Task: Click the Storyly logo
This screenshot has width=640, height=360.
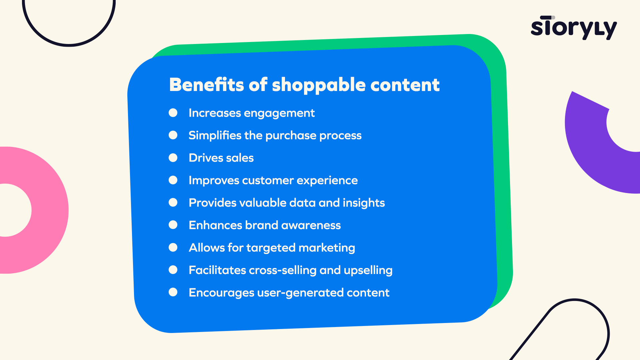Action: point(574,28)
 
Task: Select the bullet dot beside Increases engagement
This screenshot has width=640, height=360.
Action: point(173,113)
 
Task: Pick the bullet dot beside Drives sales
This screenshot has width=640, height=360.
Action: point(173,158)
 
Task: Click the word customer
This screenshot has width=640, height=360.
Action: point(268,180)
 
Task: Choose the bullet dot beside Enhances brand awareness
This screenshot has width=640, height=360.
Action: point(173,225)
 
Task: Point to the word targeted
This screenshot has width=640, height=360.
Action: point(271,248)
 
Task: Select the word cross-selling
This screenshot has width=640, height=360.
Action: point(283,270)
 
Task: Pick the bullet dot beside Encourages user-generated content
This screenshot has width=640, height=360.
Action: point(173,292)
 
